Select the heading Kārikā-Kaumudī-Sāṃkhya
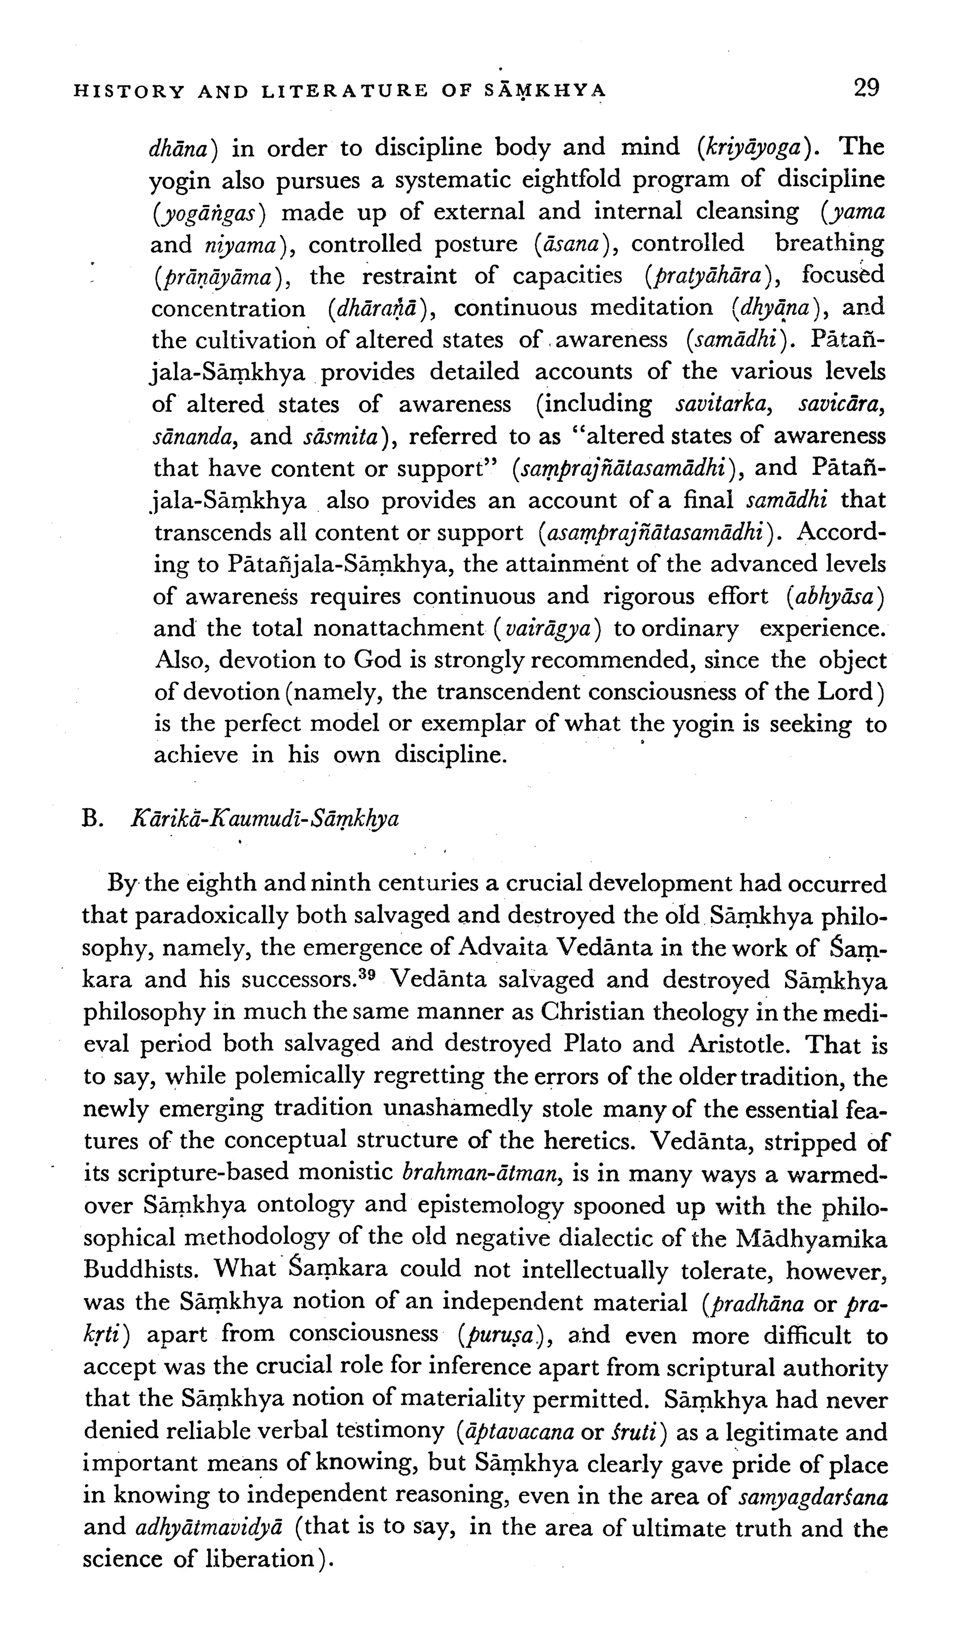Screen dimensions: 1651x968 point(266,820)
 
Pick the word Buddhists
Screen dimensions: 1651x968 point(139,1269)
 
